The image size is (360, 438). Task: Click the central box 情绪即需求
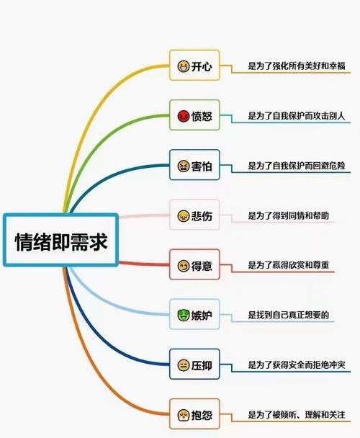click(61, 240)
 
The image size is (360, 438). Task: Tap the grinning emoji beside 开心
click(183, 66)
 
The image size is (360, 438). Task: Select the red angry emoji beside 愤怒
click(183, 116)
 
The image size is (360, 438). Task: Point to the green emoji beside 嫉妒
click(183, 316)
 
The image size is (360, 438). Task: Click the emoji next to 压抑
click(183, 365)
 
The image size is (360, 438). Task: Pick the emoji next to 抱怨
click(183, 415)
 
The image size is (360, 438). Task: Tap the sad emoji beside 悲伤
click(183, 216)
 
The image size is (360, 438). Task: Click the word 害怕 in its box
click(202, 166)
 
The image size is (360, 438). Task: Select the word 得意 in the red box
click(202, 266)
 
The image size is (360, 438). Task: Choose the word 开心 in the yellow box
click(202, 66)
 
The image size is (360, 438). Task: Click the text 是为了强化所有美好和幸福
click(297, 66)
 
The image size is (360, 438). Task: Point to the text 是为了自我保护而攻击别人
click(297, 116)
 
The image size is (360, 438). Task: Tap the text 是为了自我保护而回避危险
click(297, 166)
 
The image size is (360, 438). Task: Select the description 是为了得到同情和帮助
click(289, 215)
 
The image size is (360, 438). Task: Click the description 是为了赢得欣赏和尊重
click(289, 265)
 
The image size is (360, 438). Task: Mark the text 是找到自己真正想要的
click(289, 315)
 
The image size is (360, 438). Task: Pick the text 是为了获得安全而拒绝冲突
click(297, 365)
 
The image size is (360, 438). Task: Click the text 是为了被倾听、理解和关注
click(297, 414)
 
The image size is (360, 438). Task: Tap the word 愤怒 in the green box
click(202, 116)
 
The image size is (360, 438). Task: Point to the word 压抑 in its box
click(202, 365)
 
